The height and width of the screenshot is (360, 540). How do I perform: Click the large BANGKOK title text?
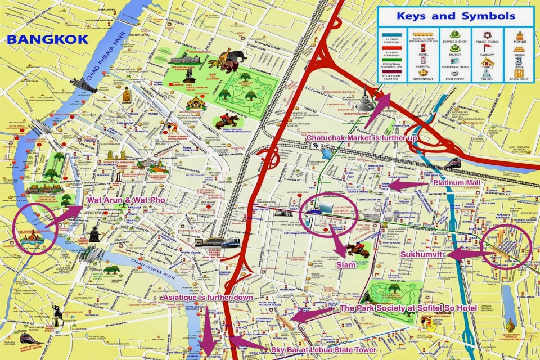click(x=47, y=39)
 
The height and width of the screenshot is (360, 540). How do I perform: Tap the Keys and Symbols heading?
click(x=455, y=16)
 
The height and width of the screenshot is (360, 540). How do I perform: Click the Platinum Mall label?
click(x=456, y=183)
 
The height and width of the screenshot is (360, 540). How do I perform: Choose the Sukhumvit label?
click(x=423, y=255)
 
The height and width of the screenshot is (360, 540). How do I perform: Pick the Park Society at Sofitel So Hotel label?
click(x=409, y=308)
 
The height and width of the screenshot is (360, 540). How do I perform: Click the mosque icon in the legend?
click(x=519, y=36)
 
